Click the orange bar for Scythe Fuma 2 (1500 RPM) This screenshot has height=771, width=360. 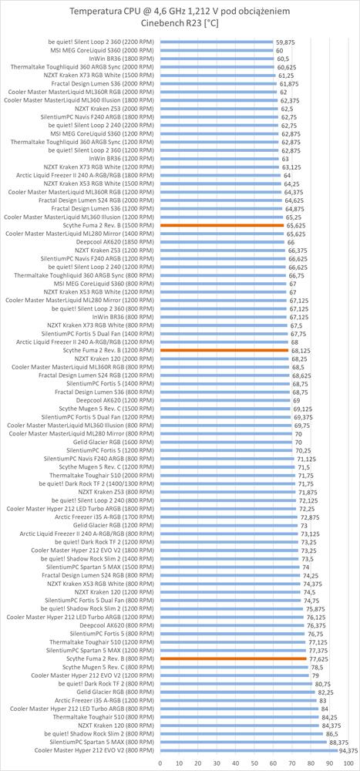pyautogui.click(x=221, y=225)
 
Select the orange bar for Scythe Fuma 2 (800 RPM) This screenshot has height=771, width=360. pyautogui.click(x=233, y=658)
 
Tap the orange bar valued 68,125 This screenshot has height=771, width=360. pyautogui.click(x=224, y=350)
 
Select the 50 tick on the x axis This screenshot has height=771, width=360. pyautogui.click(x=254, y=763)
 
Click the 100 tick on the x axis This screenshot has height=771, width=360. pyautogui.click(x=348, y=763)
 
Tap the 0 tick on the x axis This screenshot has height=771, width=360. pyautogui.click(x=160, y=763)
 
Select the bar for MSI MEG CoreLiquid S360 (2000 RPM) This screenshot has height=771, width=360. pyautogui.click(x=217, y=51)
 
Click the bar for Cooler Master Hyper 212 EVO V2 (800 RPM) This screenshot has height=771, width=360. pyautogui.click(x=249, y=751)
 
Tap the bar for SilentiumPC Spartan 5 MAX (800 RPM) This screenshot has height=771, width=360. pyautogui.click(x=243, y=742)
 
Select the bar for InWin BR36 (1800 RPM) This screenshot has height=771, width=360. pyautogui.click(x=217, y=59)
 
